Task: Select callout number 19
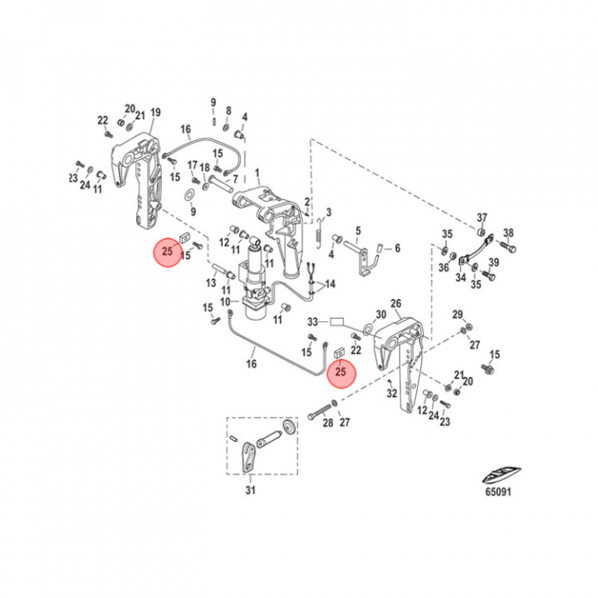[155, 112]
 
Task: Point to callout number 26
[395, 303]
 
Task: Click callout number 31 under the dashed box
[252, 492]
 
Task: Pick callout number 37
[482, 218]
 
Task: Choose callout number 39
[494, 263]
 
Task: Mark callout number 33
[313, 321]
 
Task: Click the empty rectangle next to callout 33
[337, 320]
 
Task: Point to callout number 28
[327, 424]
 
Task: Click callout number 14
[331, 284]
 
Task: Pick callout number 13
[211, 283]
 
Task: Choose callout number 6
[397, 248]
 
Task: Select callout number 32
[392, 394]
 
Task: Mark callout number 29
[458, 313]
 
